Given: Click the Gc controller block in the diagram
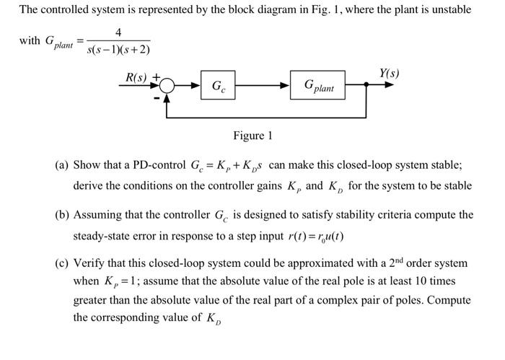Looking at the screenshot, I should coord(218,86).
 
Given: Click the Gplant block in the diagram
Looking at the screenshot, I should coord(318,86).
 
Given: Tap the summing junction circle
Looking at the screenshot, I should coord(167,86).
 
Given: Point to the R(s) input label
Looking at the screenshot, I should coord(136,76).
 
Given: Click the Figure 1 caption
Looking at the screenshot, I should coord(252,136).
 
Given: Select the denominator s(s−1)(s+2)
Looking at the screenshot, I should coord(118,50).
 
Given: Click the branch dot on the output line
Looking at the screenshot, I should coord(367,85).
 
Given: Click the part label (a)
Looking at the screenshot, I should coord(63,165).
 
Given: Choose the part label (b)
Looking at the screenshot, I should coord(63,215).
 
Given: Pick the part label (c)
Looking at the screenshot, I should coord(63,263).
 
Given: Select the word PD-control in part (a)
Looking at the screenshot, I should coord(159,165).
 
